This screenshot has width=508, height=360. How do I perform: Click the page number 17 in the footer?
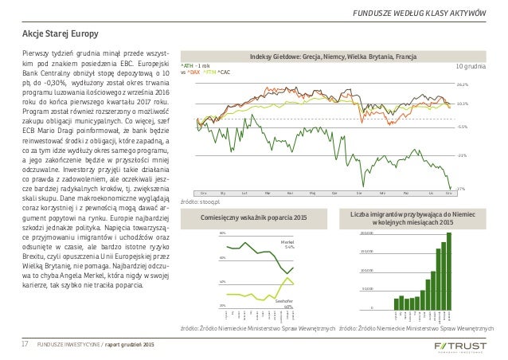(x=25, y=344)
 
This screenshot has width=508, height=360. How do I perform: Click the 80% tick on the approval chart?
(x=221, y=233)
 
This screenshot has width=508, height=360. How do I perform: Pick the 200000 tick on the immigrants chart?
(x=367, y=233)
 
